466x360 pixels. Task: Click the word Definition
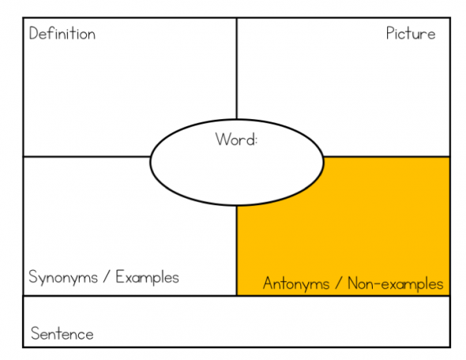click(x=62, y=33)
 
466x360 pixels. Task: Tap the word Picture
click(x=411, y=33)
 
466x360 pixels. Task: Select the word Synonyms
click(x=63, y=277)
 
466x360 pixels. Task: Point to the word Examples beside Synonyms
click(x=148, y=277)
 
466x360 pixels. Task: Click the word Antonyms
click(x=296, y=283)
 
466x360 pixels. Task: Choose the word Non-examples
click(x=396, y=283)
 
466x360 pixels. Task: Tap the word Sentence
click(x=62, y=333)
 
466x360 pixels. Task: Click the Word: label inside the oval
click(x=236, y=139)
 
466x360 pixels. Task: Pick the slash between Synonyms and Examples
click(x=107, y=277)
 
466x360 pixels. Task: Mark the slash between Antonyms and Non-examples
click(x=339, y=283)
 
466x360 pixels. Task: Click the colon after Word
click(x=256, y=141)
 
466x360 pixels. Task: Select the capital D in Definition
click(x=34, y=33)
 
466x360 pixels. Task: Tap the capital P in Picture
click(x=390, y=33)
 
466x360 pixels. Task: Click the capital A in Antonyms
click(x=269, y=283)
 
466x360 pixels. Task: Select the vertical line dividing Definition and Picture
click(x=237, y=69)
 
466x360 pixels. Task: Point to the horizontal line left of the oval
click(x=87, y=156)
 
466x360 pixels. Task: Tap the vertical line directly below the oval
click(x=237, y=250)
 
